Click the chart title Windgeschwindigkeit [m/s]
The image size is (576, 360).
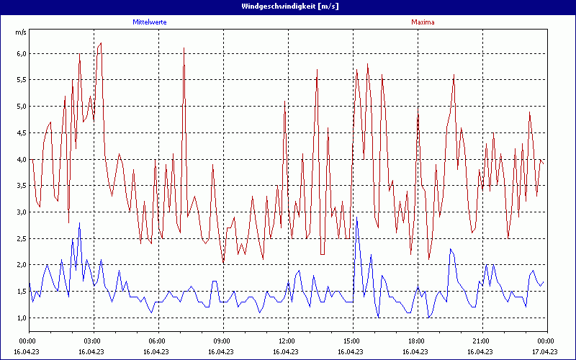(288, 6)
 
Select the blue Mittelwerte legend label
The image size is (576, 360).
(150, 22)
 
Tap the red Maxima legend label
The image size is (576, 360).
(423, 22)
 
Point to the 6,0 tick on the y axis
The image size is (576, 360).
(21, 53)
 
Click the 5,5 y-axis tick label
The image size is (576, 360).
(21, 80)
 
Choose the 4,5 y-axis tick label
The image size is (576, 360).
(21, 132)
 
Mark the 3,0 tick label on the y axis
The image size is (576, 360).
(21, 212)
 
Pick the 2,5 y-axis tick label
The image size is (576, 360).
(21, 238)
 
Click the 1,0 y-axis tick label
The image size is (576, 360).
(21, 318)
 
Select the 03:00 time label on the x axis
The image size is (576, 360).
(92, 341)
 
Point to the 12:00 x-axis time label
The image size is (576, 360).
(287, 341)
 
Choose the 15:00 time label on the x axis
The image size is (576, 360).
(351, 341)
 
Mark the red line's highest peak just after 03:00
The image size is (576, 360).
(101, 43)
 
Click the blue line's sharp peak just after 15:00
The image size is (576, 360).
(356, 217)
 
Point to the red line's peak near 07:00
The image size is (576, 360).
(184, 48)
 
